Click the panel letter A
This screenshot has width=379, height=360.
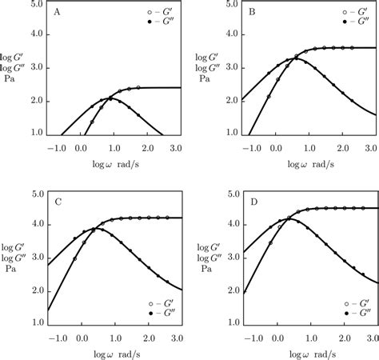(x=58, y=13)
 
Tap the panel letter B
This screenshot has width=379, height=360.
(x=251, y=13)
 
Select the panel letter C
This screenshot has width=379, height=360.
(x=58, y=202)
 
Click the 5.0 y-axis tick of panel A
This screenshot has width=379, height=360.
(x=37, y=6)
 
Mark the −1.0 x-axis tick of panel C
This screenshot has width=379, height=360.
(x=58, y=338)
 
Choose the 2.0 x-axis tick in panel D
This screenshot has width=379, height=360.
(x=340, y=338)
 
